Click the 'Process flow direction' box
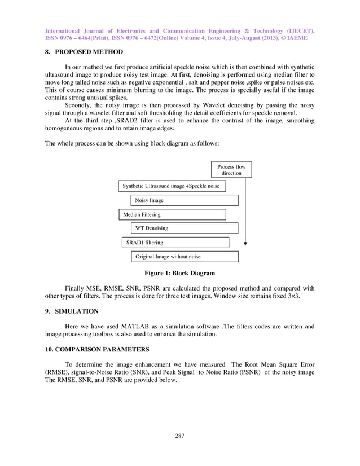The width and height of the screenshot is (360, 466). [231, 170]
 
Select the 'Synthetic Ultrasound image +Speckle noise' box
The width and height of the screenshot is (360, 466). [172, 186]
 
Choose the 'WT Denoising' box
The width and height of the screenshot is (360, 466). [184, 228]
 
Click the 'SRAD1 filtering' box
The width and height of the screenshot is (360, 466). [175, 243]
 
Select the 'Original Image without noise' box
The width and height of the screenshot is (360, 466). [184, 257]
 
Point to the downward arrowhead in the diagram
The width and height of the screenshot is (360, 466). [245, 244]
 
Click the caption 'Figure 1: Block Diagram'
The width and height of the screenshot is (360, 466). [179, 274]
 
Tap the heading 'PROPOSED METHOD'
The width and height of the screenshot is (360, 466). [90, 52]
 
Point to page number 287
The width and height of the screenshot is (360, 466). [179, 435]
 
